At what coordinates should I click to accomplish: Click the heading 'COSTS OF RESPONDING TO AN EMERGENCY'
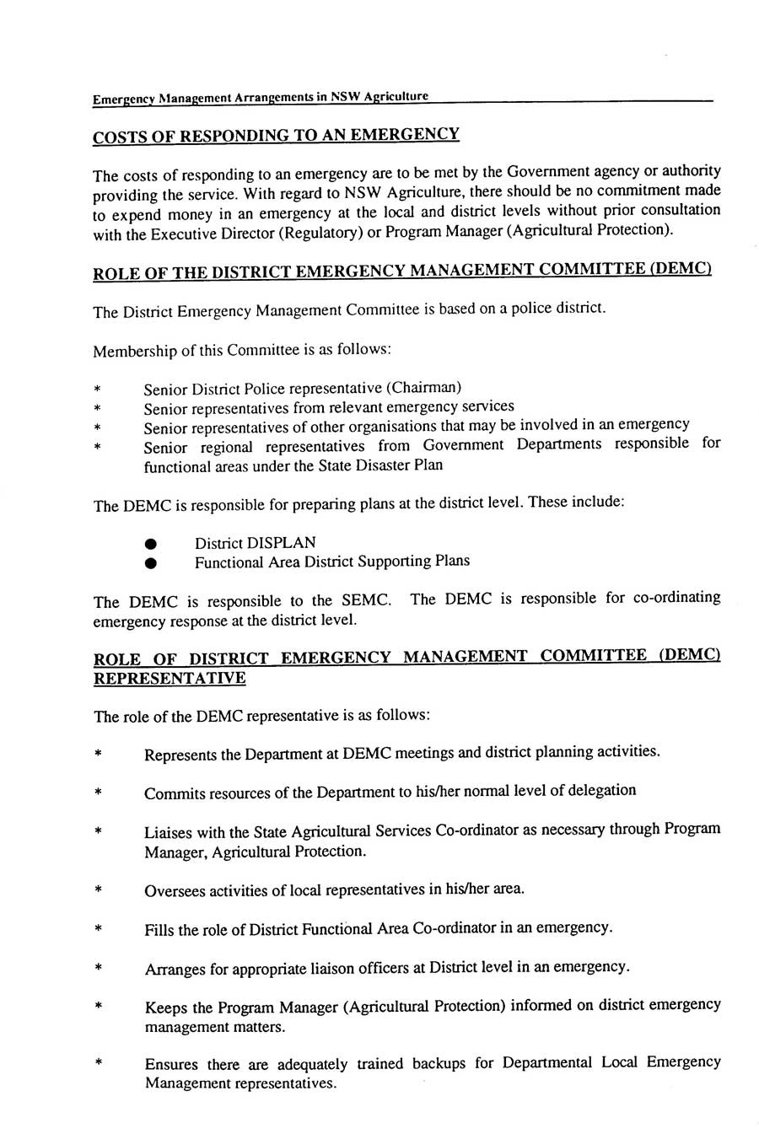(x=276, y=136)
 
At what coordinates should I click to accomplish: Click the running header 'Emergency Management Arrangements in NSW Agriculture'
(x=261, y=98)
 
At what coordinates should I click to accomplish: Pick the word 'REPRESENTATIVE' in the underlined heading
(x=170, y=679)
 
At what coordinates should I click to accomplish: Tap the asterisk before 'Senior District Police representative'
(x=99, y=390)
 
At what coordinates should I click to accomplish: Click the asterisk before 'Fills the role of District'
(x=99, y=930)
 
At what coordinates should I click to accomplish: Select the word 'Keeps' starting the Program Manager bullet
(x=165, y=1008)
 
